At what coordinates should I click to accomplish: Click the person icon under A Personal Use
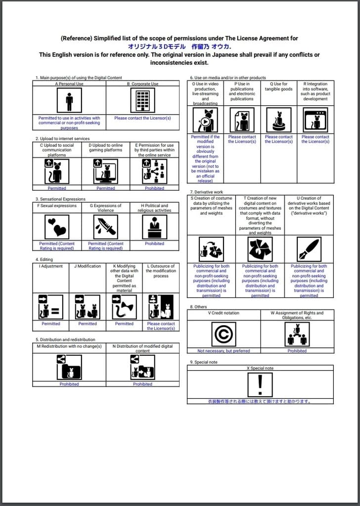coord(69,101)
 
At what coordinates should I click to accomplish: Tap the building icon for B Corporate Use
coord(142,101)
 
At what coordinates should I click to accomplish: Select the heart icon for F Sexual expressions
coord(57,227)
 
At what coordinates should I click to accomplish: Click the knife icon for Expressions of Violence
coord(105,227)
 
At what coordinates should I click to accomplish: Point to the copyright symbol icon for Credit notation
coord(224,334)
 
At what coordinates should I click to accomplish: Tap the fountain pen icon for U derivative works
coord(309,249)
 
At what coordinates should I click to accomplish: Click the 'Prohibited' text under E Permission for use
coord(154,188)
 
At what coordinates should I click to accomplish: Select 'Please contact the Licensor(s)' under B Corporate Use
coord(142,118)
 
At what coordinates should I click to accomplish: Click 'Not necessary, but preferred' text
coord(224,351)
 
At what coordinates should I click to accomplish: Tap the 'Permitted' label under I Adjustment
coord(50,324)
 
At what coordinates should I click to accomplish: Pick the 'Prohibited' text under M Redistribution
coord(69,384)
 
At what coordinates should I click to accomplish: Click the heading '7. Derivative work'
coord(207,192)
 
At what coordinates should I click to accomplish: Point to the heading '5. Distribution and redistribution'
coord(65,340)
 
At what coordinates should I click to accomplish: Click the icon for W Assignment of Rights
coord(297,334)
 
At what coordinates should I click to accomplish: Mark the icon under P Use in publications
coord(242,120)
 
